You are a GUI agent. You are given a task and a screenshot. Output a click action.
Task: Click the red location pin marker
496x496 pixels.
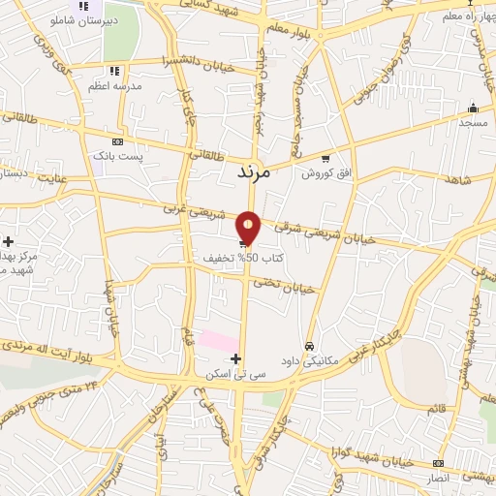click(249, 228)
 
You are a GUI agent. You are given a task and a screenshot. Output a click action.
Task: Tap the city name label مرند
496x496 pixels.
click(259, 172)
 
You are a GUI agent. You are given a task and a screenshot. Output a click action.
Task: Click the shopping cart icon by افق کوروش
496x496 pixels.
click(325, 159)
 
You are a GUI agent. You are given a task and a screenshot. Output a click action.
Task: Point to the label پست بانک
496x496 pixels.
click(117, 155)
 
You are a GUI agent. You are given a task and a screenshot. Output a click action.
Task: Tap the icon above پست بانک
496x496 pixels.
click(118, 141)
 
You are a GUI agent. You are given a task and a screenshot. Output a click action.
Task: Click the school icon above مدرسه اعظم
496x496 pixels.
click(114, 71)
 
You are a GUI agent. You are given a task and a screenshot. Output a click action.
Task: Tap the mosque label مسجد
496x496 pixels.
click(473, 123)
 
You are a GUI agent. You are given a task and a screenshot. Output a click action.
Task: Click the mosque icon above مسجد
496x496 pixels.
click(473, 108)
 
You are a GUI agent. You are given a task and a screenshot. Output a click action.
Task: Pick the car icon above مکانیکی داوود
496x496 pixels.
click(309, 346)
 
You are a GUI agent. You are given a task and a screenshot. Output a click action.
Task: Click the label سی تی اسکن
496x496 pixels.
click(229, 373)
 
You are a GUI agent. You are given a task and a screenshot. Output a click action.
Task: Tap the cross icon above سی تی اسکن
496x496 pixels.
click(235, 358)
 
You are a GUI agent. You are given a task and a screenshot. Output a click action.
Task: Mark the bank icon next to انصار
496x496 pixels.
click(438, 463)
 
